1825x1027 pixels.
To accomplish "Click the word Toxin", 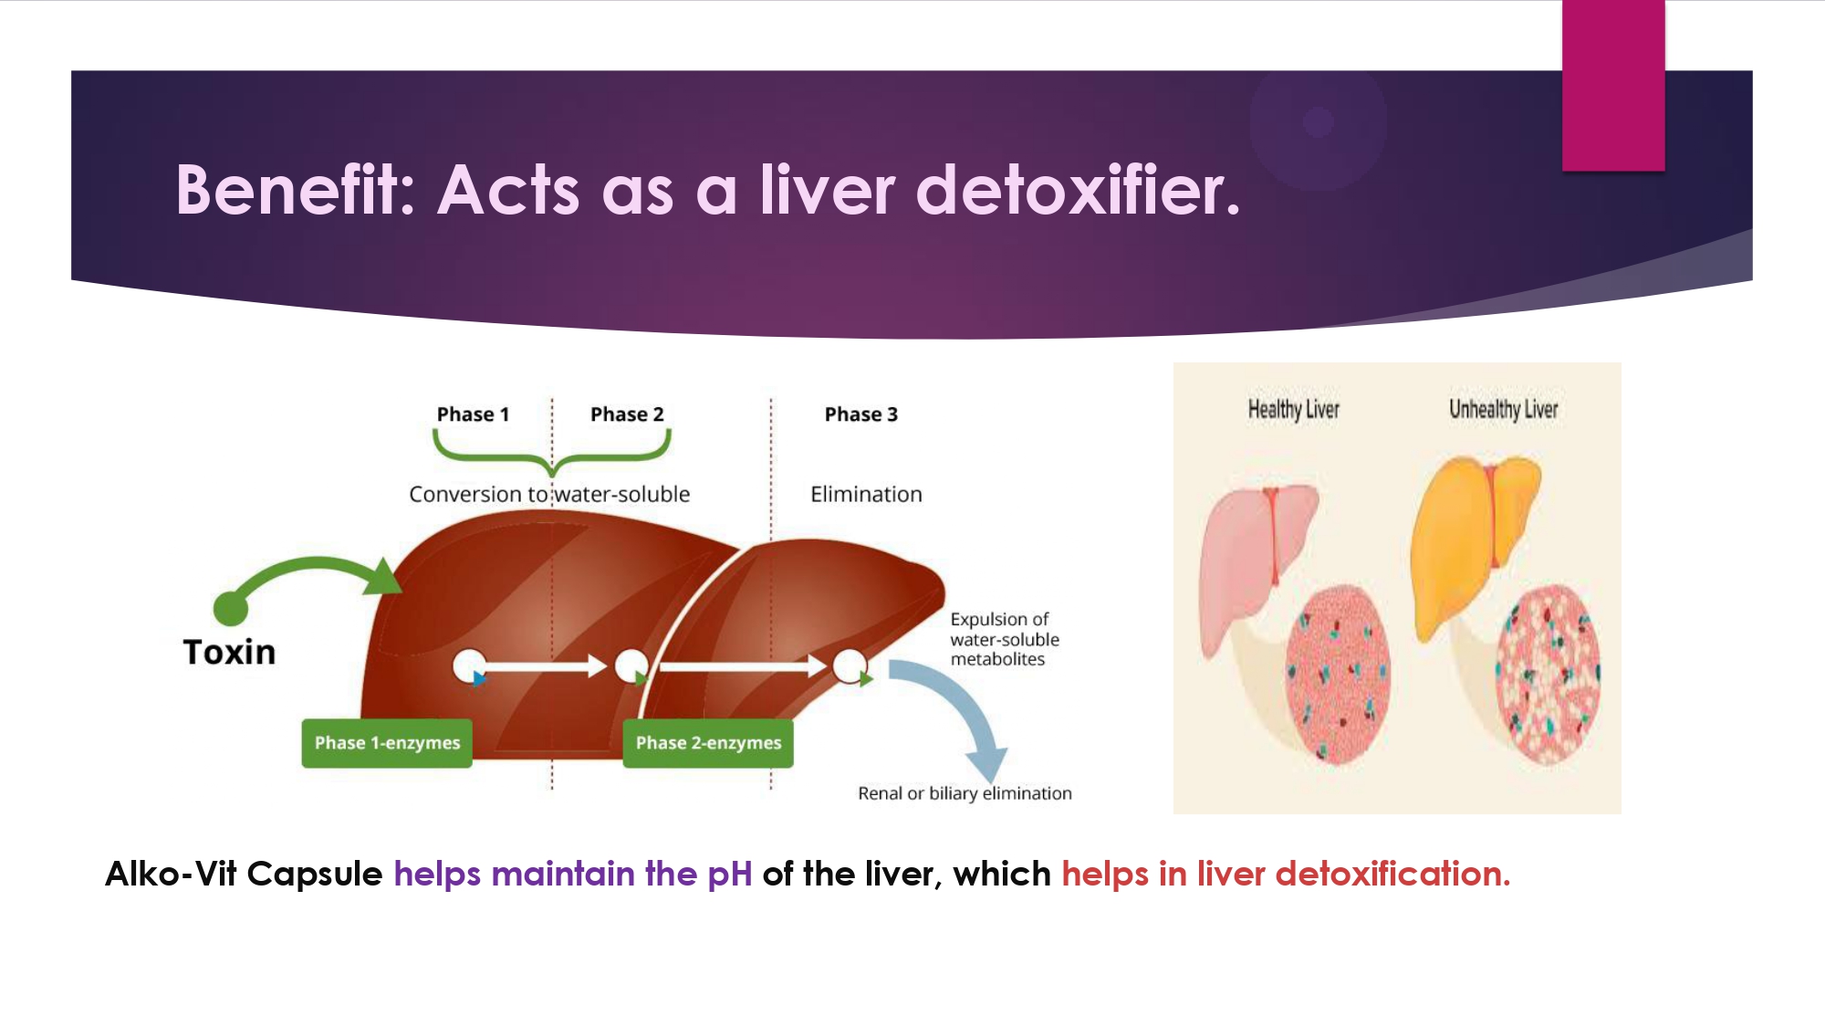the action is (229, 652).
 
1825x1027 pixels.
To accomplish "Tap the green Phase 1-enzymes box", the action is (387, 743).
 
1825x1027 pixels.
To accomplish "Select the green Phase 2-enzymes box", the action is (708, 743).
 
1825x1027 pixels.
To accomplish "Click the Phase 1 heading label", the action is (473, 414).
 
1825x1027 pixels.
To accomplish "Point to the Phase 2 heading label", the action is (627, 414).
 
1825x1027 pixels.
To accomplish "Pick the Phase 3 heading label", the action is (861, 414).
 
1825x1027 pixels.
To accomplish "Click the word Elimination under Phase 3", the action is (866, 494).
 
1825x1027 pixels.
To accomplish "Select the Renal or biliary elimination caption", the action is (965, 793).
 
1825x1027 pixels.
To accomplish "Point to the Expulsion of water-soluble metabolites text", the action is (1005, 639).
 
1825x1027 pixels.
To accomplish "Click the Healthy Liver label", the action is (1294, 409).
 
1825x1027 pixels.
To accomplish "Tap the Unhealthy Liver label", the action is (1504, 409).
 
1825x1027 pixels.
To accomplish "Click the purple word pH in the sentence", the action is (730, 875).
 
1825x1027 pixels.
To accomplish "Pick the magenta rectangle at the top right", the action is (1613, 85).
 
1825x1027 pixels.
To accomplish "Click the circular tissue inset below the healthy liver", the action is (1338, 675).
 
